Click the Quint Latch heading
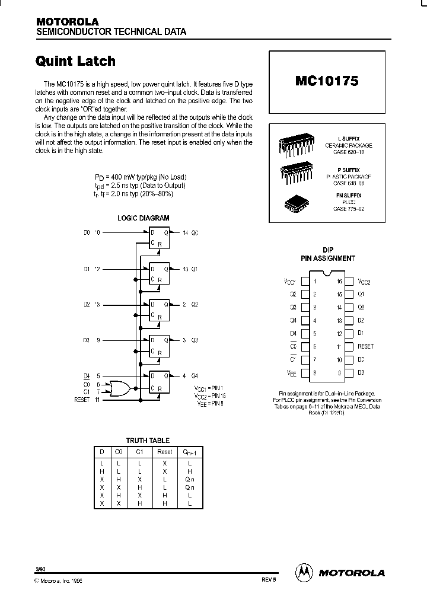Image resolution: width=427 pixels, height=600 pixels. click(x=75, y=61)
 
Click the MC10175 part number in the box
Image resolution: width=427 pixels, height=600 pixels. click(x=326, y=81)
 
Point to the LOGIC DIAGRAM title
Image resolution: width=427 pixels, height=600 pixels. click(x=143, y=218)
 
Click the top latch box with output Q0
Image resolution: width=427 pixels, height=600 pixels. click(x=159, y=238)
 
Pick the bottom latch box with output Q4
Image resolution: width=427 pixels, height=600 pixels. click(x=159, y=381)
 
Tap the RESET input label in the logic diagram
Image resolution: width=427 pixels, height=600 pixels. click(x=81, y=400)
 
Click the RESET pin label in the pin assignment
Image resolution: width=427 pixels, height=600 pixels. click(x=365, y=346)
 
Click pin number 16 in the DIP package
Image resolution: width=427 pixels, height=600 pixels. click(x=339, y=282)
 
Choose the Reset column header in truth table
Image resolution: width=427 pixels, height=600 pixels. click(x=164, y=452)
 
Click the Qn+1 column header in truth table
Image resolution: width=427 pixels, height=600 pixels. click(x=189, y=452)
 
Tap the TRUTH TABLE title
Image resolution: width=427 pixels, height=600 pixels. click(x=148, y=441)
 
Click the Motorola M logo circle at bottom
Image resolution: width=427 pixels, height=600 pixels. click(x=304, y=572)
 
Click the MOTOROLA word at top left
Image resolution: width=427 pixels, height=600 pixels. click(x=67, y=21)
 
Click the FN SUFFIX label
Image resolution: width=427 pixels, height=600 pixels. click(x=348, y=195)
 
